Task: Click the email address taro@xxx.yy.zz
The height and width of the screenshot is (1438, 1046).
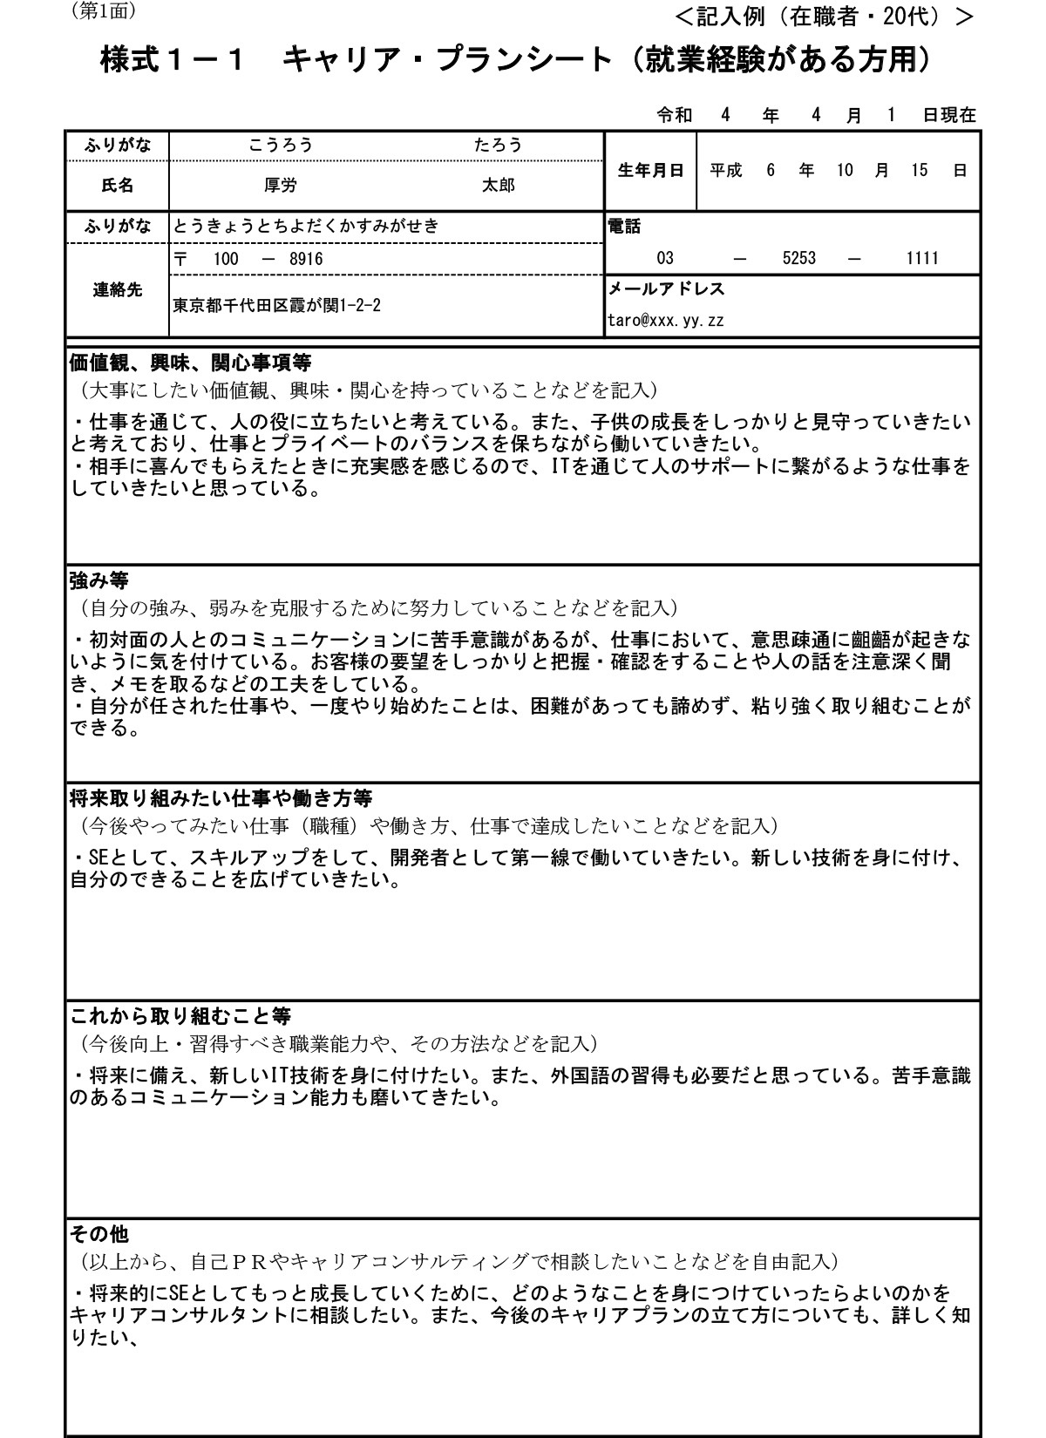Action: coord(665,320)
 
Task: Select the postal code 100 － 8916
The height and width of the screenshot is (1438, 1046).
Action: coord(248,259)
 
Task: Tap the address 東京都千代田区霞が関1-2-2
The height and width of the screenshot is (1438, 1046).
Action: coord(276,305)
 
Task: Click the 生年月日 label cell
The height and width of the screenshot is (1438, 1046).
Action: coord(650,171)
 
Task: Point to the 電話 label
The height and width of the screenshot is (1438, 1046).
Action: coord(623,226)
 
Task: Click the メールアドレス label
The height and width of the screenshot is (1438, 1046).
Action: coord(665,288)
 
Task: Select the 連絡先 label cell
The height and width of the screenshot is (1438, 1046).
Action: coord(118,290)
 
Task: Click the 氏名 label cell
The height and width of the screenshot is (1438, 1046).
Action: coord(118,186)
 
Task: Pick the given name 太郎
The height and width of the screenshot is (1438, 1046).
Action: coord(499,186)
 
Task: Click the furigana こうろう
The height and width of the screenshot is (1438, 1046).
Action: coord(281,146)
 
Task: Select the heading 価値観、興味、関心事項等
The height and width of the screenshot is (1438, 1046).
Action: coord(190,361)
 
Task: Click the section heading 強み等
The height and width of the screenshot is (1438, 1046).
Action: coord(98,579)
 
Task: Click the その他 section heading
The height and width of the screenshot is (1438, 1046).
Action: coord(98,1233)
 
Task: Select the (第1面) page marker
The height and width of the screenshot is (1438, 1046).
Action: coord(102,11)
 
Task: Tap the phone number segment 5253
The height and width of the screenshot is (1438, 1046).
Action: coord(799,258)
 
